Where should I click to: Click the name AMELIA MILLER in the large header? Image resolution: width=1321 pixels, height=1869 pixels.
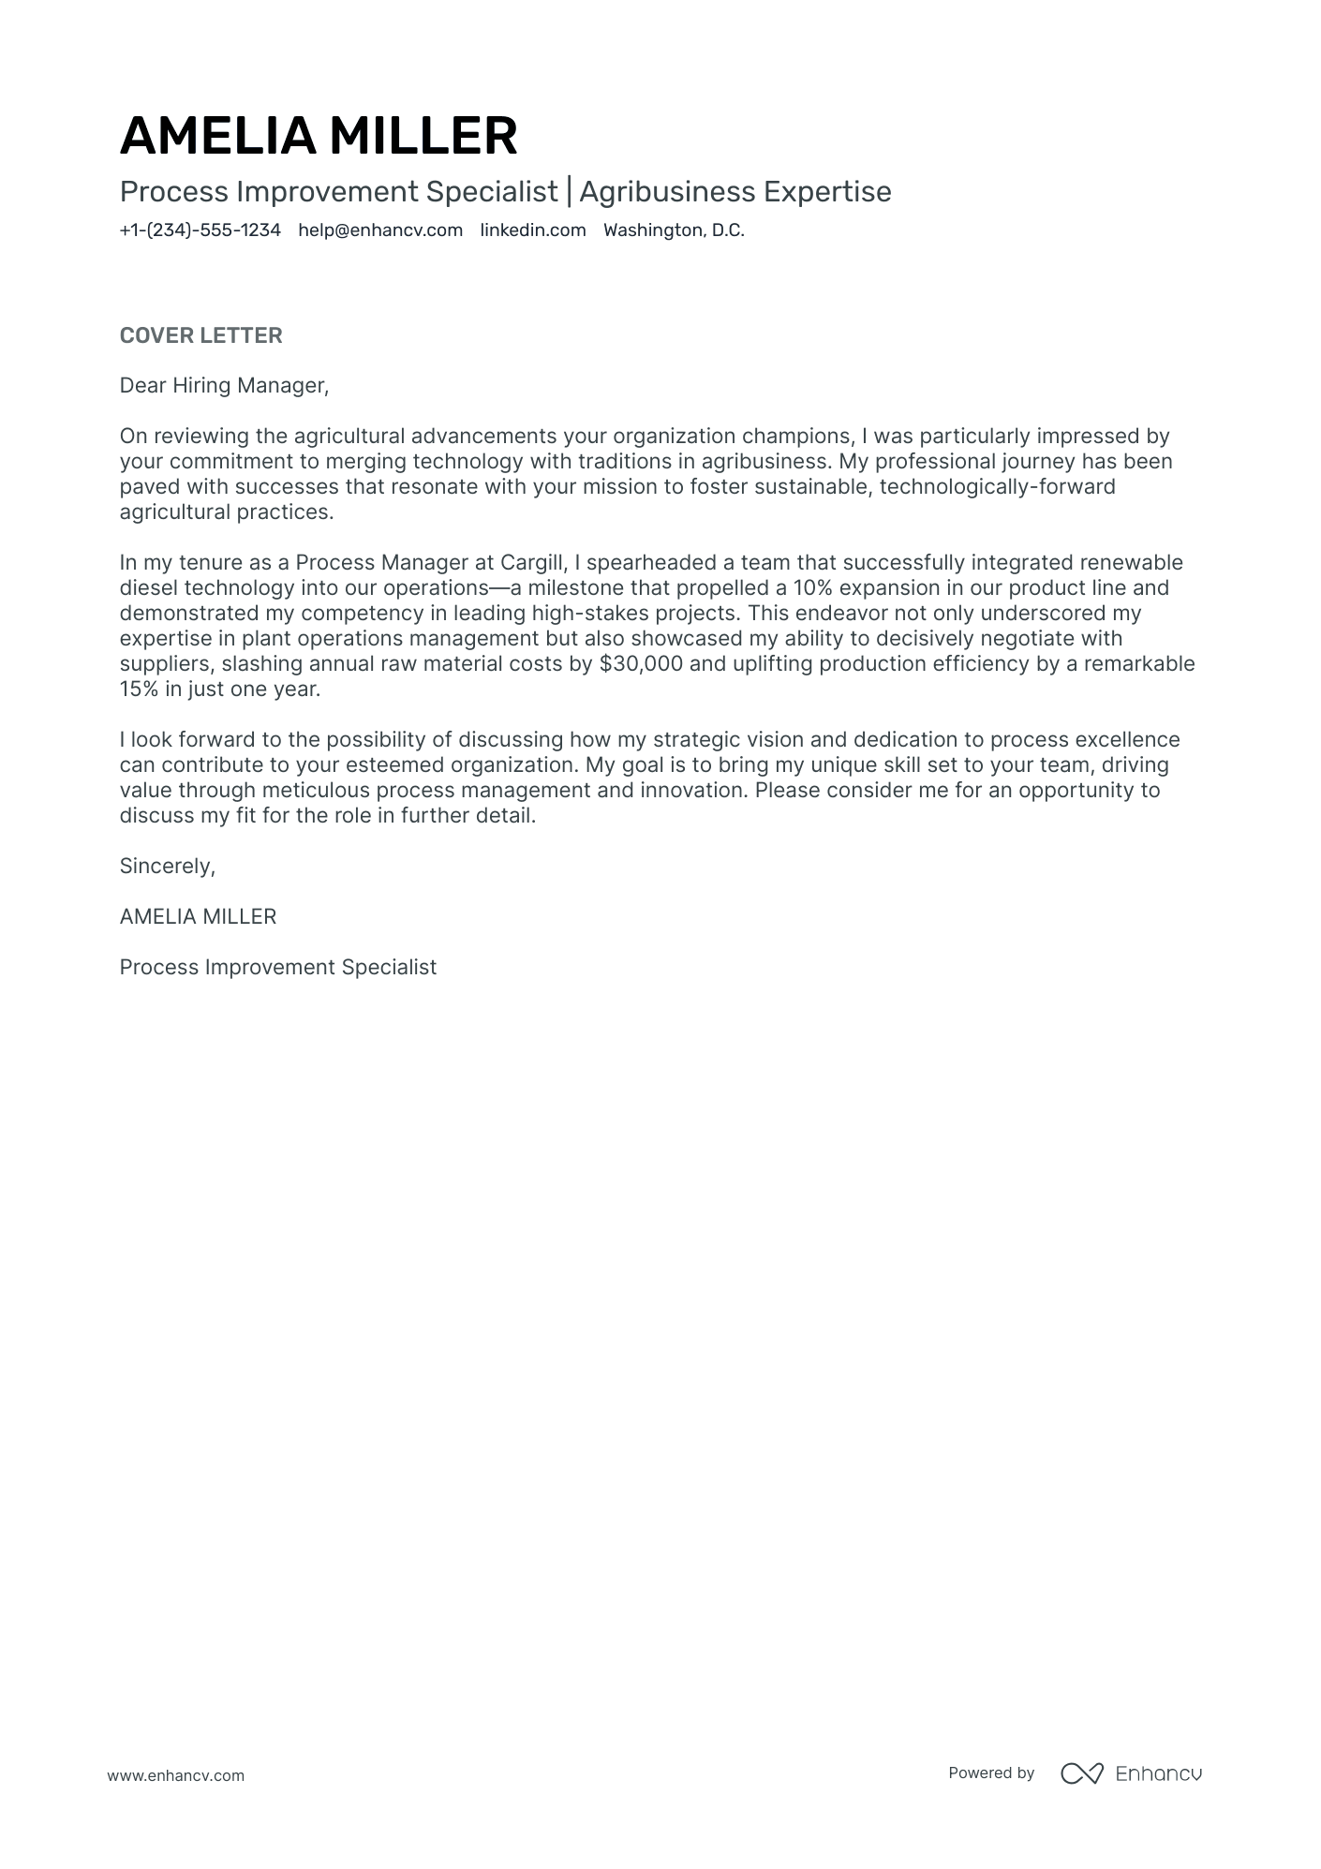coord(319,136)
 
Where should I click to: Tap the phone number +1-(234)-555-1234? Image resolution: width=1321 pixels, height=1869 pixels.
coord(200,230)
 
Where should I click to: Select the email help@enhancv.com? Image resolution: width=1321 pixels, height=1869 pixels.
coord(380,230)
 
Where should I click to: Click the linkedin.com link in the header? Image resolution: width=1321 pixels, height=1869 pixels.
coord(533,230)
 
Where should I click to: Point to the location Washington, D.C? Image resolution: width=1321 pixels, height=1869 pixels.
coord(674,230)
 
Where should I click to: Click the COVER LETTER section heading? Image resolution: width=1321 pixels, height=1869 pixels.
coord(200,335)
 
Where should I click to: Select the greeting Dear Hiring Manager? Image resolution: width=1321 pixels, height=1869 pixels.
coord(224,385)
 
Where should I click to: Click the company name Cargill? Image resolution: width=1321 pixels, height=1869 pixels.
coord(532,562)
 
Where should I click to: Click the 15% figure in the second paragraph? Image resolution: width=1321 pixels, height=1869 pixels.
coord(140,689)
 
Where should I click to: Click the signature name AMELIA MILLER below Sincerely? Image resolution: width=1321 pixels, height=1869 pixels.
coord(198,916)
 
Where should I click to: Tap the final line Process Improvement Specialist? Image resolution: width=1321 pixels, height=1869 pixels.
coord(277,967)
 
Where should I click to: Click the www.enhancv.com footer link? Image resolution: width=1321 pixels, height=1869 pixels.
coord(175,1775)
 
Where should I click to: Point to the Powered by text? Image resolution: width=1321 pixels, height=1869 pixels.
coord(991,1773)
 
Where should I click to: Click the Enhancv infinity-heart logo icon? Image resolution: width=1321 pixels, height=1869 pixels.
coord(1081,1773)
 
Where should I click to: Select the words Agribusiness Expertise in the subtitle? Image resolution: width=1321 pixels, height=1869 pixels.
coord(735,191)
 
